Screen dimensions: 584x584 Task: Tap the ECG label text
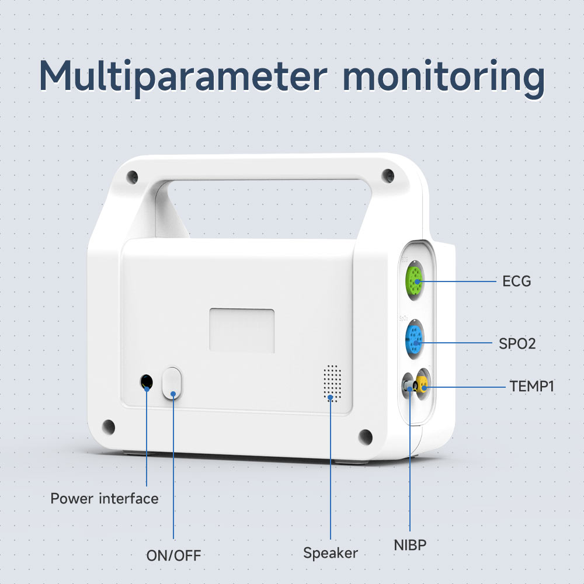click(x=517, y=281)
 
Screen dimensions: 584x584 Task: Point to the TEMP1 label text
click(x=532, y=386)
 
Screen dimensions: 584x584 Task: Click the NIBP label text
click(x=410, y=545)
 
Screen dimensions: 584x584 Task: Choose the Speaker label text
click(x=331, y=552)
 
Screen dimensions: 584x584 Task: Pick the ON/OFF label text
click(x=173, y=555)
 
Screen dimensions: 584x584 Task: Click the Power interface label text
click(x=105, y=499)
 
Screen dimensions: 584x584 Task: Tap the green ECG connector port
click(x=416, y=281)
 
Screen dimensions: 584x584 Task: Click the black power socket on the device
click(x=147, y=383)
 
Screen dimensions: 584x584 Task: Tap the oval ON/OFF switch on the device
click(x=172, y=383)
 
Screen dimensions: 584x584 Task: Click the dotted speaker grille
click(x=332, y=383)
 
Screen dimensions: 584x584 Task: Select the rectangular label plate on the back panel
click(x=242, y=331)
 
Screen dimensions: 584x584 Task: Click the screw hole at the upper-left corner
click(x=134, y=175)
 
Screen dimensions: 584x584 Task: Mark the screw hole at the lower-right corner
click(x=366, y=436)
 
